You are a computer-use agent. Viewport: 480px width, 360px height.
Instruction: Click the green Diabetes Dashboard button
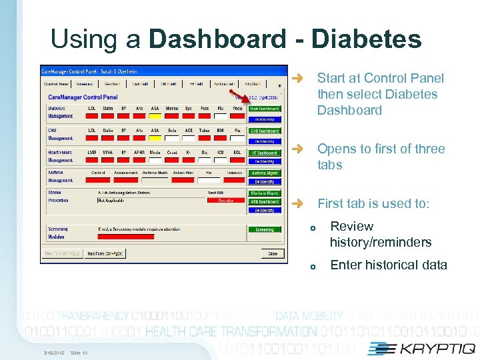click(265, 109)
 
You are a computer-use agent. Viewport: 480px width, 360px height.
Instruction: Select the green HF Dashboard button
click(265, 153)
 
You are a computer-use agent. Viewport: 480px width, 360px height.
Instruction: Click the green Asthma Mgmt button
click(265, 173)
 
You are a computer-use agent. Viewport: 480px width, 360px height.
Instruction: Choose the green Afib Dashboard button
click(265, 201)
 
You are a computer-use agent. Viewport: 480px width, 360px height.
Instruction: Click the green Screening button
click(265, 230)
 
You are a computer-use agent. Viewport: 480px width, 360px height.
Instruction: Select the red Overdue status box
click(227, 200)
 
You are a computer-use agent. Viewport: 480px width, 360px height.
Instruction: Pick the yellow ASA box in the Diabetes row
click(155, 116)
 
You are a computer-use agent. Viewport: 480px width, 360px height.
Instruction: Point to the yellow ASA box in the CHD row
click(155, 138)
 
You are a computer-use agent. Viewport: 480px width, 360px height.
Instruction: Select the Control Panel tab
click(56, 85)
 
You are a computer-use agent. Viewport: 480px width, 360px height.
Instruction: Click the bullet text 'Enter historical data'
click(389, 265)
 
